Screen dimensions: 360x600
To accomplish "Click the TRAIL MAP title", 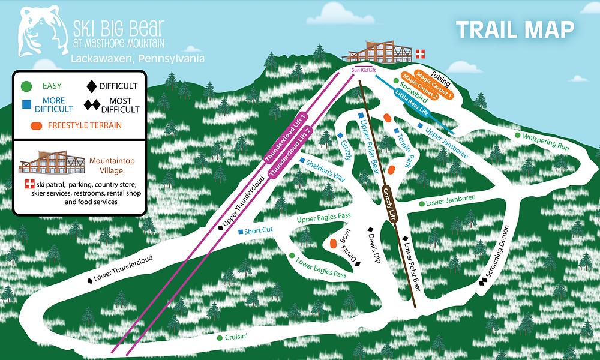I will point(515,29).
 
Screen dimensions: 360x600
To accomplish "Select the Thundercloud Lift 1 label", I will point(286,139).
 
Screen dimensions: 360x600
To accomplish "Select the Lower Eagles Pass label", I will point(322,269).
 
